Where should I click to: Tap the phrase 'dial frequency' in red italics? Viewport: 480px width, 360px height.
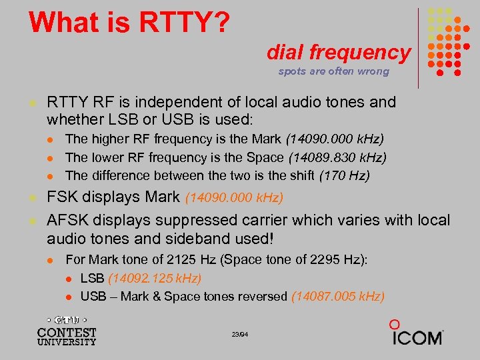click(339, 52)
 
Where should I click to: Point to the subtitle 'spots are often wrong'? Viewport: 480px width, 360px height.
click(333, 71)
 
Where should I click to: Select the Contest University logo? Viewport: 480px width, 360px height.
click(67, 330)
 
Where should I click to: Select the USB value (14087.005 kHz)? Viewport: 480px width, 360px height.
click(338, 296)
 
